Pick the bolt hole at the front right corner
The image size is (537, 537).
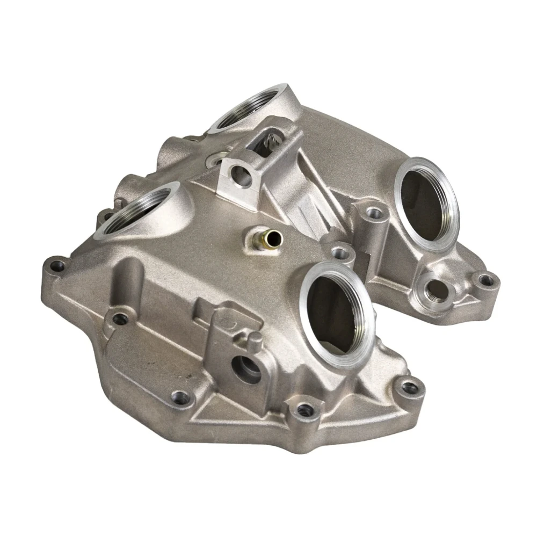tap(411, 386)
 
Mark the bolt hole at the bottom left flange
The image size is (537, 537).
tap(183, 398)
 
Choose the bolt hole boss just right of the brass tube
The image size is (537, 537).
tap(338, 250)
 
